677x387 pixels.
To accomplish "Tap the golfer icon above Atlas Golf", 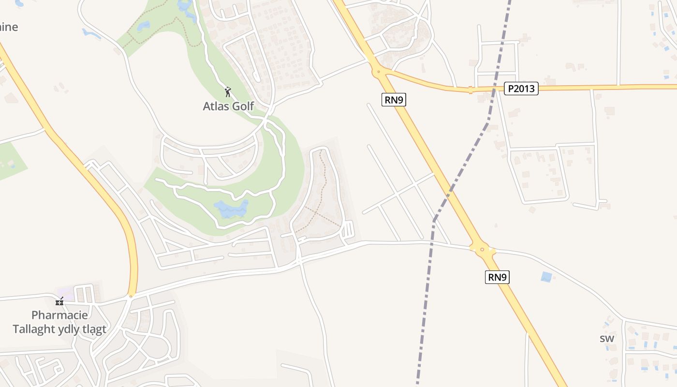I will coord(228,91).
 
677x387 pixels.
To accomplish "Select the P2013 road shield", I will coord(521,89).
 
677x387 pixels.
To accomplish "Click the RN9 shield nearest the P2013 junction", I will coord(394,100).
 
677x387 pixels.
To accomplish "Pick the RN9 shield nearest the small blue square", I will coord(498,277).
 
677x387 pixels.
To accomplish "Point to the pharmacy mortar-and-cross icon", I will coord(59,301).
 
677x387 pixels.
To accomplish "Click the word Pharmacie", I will coord(59,315).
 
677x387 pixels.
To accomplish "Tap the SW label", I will coord(607,339).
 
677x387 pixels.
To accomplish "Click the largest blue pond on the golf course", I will coord(231,209).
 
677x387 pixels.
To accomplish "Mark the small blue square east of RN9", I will coord(546,277).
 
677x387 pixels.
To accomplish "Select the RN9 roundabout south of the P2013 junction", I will coord(482,250).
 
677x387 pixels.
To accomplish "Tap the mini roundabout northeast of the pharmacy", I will coord(131,296).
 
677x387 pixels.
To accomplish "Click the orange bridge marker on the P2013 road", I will coord(470,89).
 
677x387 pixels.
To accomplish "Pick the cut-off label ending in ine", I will coord(9,27).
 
